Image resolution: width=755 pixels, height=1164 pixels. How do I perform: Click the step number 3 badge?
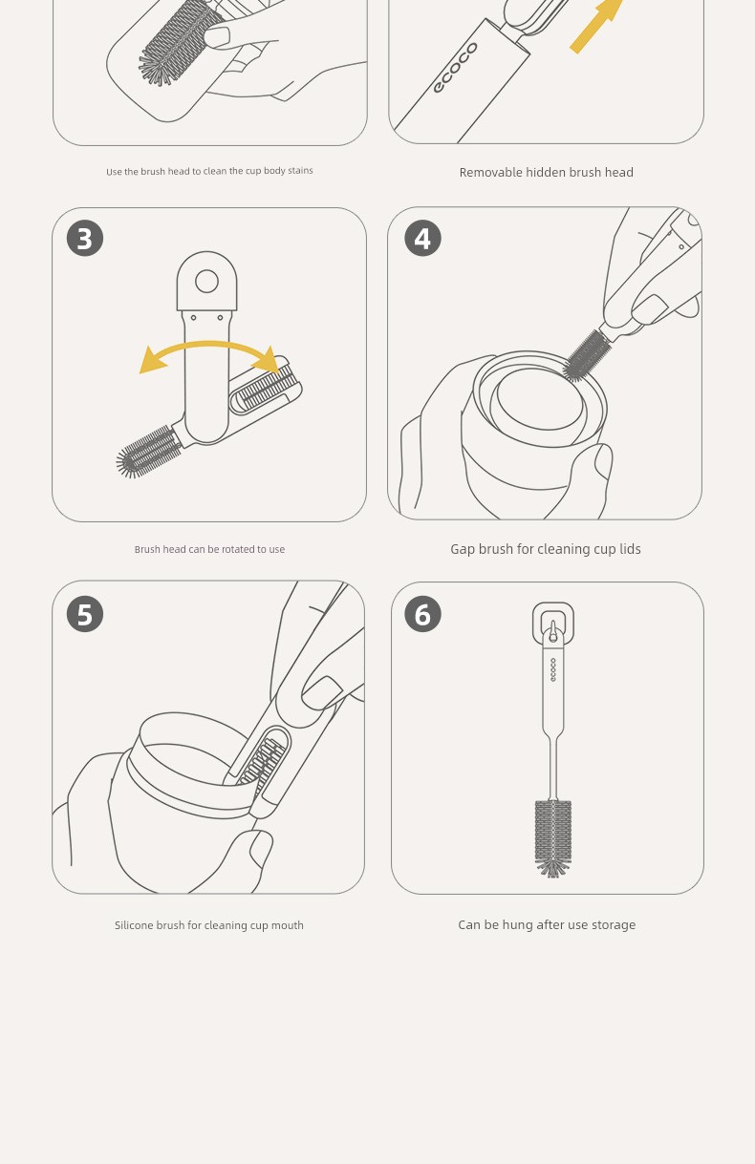85,238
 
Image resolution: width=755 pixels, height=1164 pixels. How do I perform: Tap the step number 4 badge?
422,238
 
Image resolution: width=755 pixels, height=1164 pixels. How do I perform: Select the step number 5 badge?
85,614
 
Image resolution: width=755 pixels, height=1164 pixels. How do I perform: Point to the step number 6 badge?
422,614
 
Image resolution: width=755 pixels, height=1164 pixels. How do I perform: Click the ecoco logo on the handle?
456,68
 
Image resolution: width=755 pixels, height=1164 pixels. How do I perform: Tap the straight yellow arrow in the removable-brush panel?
596,26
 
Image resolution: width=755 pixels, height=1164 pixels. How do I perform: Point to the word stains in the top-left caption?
300,170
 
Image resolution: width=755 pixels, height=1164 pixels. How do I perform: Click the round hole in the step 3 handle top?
206,281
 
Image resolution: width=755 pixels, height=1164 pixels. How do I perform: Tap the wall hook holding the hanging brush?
553,623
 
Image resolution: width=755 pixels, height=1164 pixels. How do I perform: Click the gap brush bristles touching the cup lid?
586,356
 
